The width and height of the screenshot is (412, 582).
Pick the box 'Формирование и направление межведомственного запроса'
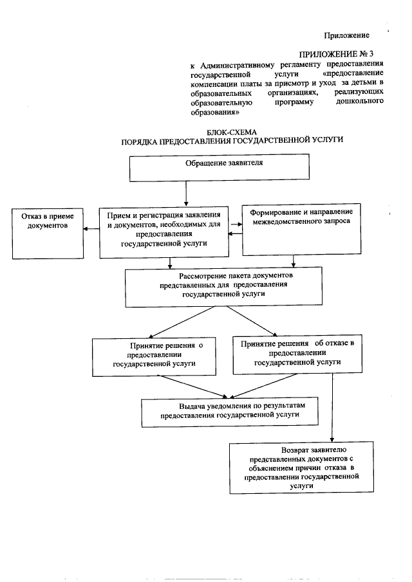[x=300, y=229]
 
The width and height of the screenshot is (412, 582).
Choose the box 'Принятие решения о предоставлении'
[x=153, y=356]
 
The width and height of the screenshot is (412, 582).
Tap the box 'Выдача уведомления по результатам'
[x=231, y=412]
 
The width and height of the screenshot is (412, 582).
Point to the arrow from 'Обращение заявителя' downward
[x=185, y=194]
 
